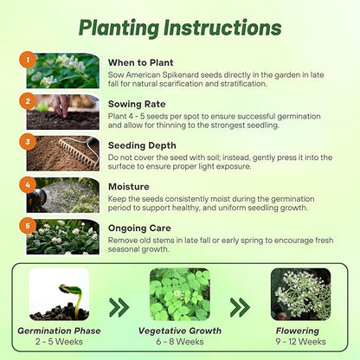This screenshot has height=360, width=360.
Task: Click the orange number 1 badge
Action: [x=28, y=60]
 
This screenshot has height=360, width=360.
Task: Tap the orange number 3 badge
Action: [x=28, y=142]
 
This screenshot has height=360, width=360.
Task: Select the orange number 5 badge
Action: [x=28, y=226]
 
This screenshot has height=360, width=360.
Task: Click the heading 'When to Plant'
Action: [x=140, y=62]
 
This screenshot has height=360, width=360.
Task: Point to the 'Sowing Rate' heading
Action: [x=137, y=104]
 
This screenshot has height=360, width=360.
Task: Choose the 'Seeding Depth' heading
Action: [x=142, y=145]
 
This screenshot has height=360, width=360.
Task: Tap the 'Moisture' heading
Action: [x=129, y=187]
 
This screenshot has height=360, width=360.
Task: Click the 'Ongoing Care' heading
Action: [x=139, y=228]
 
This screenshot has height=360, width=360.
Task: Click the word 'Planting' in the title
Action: [x=119, y=29]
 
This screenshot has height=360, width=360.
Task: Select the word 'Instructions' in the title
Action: [x=222, y=28]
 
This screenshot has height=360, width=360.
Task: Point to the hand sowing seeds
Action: [x=61, y=105]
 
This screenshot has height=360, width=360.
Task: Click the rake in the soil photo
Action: [x=79, y=152]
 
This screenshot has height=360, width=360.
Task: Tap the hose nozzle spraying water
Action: [x=36, y=198]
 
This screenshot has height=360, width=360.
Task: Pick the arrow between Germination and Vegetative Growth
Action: [x=119, y=307]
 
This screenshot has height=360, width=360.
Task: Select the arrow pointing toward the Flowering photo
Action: [x=240, y=307]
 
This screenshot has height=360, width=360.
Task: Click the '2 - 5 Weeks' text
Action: [x=59, y=342]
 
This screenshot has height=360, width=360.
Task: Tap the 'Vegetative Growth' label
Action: [x=180, y=331]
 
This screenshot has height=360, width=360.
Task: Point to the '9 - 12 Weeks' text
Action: [x=300, y=342]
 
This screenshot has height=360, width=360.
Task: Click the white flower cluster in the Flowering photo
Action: [x=300, y=292]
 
